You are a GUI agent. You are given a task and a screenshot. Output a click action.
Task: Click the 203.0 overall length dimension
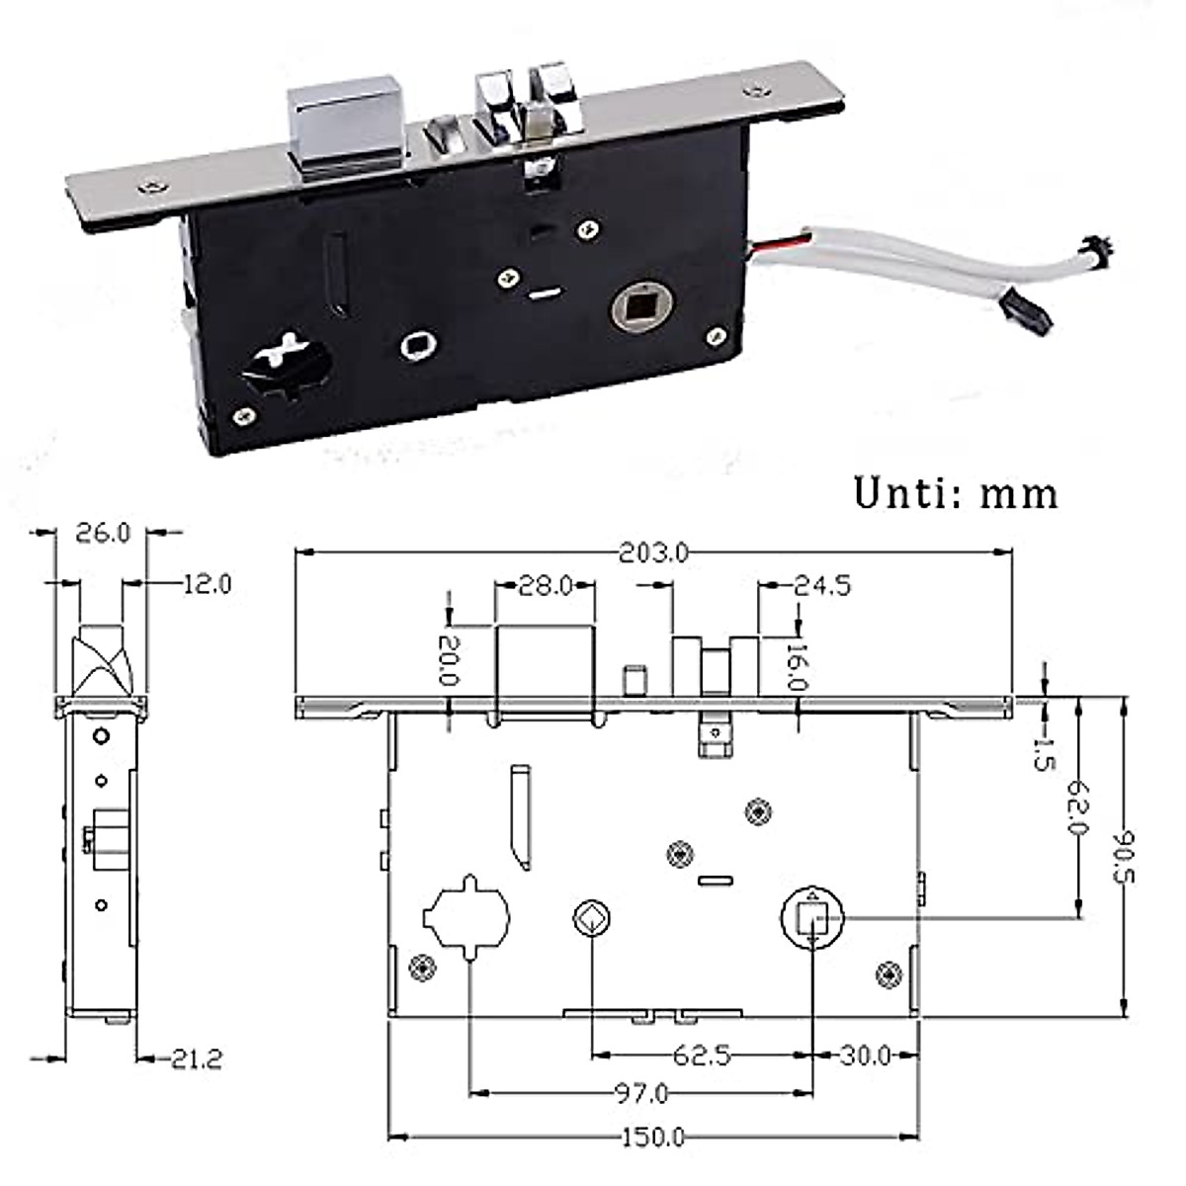(x=653, y=553)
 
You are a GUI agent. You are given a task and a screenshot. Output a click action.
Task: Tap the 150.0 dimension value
(x=653, y=1138)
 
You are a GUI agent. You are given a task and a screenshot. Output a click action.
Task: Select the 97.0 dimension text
(x=641, y=1093)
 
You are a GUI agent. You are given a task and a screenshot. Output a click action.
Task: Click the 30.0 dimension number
(x=866, y=1056)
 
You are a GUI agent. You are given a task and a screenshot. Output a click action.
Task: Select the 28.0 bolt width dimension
(x=546, y=586)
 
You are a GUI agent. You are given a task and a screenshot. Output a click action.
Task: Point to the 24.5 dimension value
(x=822, y=586)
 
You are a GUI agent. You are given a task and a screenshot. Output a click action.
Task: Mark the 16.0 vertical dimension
(x=799, y=666)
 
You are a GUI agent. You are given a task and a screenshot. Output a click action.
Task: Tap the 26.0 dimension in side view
(x=103, y=533)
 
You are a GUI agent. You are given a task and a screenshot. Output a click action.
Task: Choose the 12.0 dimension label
(x=206, y=584)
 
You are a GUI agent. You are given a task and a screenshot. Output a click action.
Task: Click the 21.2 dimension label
(x=195, y=1059)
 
